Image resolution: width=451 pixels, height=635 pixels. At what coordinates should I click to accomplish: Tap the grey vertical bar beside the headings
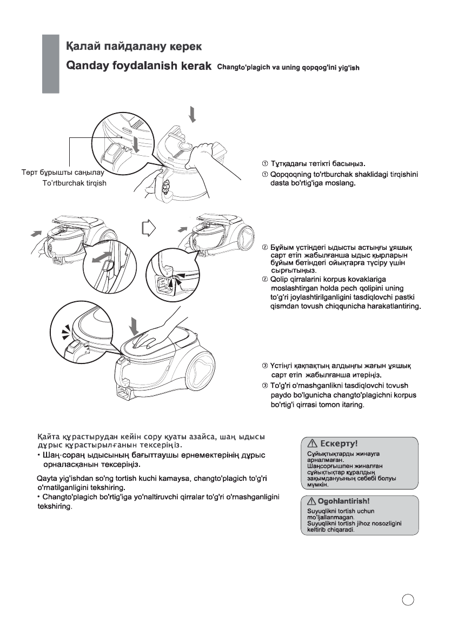(x=50, y=64)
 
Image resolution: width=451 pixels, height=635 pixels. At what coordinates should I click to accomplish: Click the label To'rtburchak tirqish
(x=74, y=183)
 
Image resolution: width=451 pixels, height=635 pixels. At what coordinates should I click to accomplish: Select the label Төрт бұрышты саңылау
(x=59, y=174)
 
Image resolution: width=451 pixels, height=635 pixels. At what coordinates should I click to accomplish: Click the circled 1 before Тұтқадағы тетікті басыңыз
(x=265, y=163)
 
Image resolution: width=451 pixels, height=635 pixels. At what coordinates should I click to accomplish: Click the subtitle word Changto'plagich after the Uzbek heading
(x=241, y=68)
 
